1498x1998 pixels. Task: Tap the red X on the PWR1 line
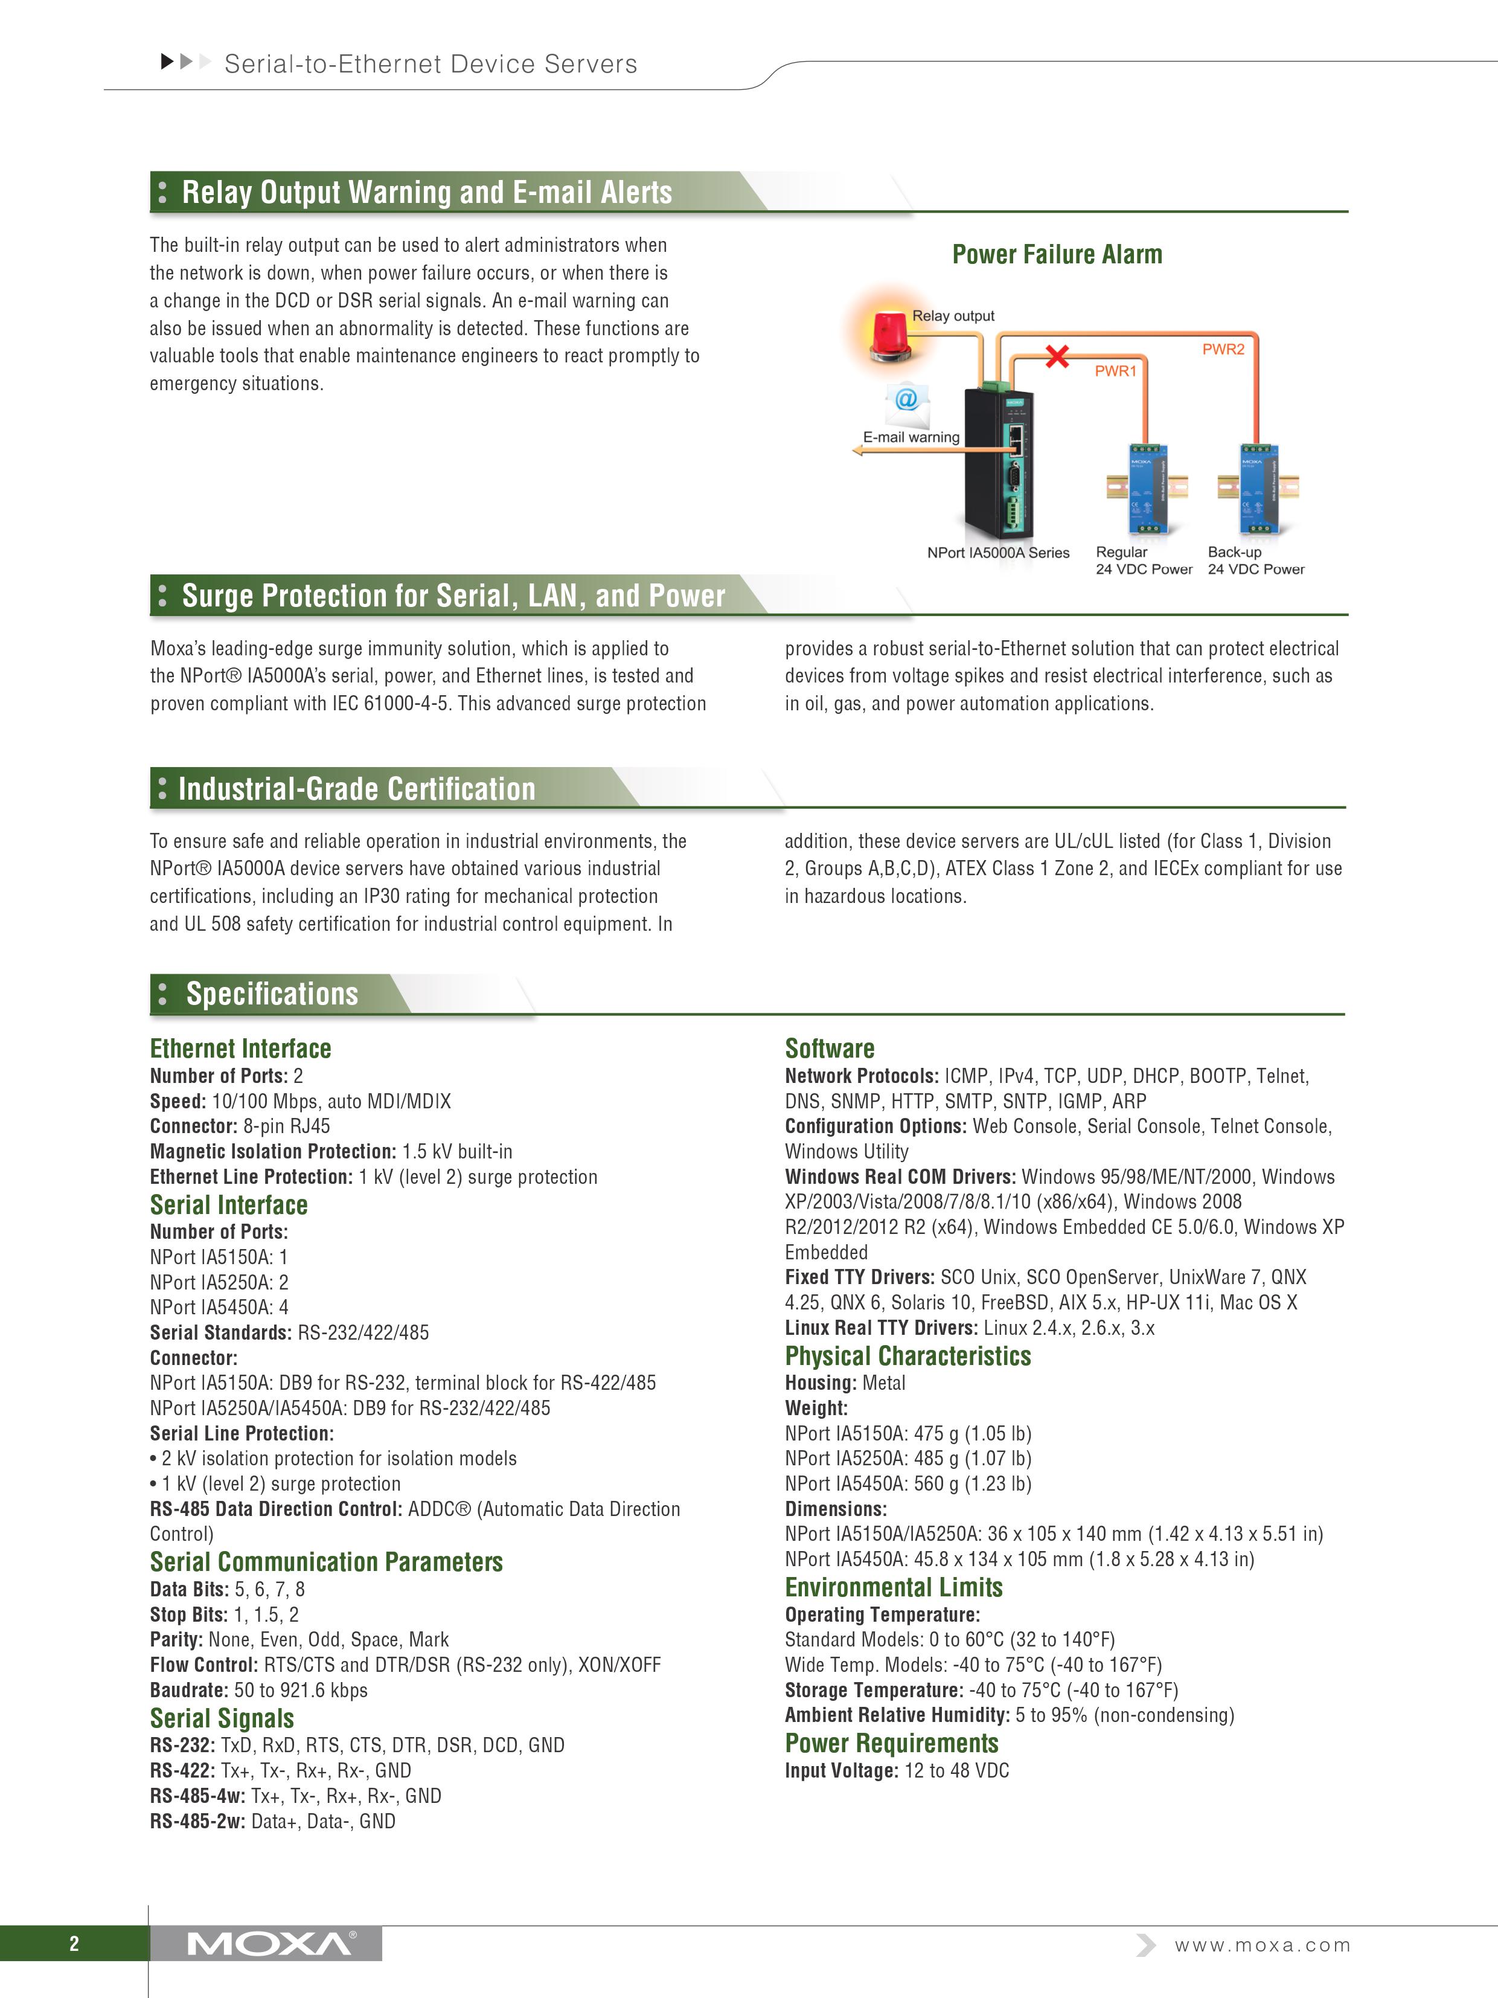coord(1057,357)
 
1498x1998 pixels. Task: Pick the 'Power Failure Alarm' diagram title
coord(1057,255)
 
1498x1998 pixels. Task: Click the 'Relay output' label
coord(953,316)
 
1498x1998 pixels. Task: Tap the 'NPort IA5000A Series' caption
coord(998,553)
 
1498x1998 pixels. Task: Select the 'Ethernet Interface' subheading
coord(240,1049)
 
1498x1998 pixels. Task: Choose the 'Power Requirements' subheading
coord(891,1743)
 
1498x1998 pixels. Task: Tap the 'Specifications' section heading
coord(272,994)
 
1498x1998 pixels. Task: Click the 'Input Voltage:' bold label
coord(840,1770)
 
